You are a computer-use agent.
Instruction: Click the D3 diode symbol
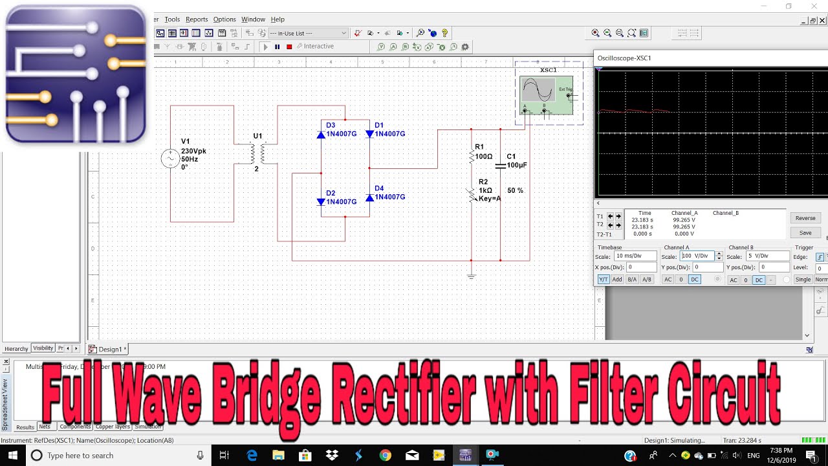click(x=321, y=135)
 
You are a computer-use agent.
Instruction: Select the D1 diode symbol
click(x=369, y=134)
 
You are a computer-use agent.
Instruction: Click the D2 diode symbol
click(x=321, y=202)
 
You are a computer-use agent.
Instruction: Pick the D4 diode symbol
click(x=369, y=197)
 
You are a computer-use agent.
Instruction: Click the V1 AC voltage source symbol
click(x=170, y=159)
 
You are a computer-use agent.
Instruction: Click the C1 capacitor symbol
click(x=500, y=166)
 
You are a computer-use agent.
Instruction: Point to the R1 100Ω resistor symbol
click(x=472, y=157)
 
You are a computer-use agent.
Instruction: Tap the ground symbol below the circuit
click(x=472, y=276)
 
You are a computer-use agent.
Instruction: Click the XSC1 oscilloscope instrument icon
click(x=546, y=94)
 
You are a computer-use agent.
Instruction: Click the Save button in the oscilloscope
click(x=805, y=233)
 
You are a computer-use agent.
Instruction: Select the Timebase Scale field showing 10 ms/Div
click(x=635, y=256)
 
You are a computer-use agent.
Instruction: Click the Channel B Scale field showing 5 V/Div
click(x=767, y=256)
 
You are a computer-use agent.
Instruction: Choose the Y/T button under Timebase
click(x=603, y=280)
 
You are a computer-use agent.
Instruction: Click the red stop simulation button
click(x=289, y=47)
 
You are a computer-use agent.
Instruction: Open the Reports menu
click(x=197, y=19)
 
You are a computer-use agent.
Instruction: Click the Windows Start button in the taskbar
click(x=13, y=456)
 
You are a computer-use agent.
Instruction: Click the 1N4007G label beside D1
click(x=390, y=134)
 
